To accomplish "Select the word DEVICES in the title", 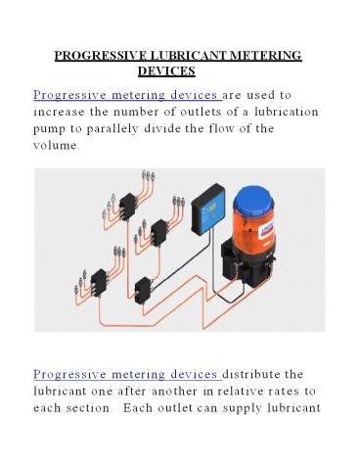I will tap(167, 71).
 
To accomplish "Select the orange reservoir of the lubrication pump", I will tap(291, 235).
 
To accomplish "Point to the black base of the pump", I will tap(291, 279).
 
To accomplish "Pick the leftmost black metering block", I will tap(99, 282).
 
